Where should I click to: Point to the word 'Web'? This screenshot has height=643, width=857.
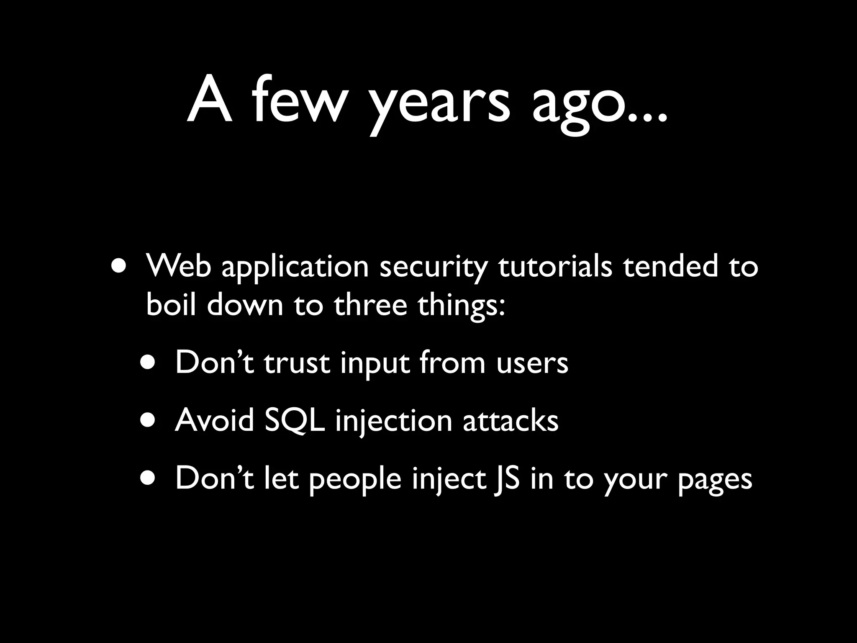point(178,266)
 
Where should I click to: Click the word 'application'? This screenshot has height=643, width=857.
point(295,268)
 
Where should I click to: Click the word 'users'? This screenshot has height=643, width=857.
point(532,363)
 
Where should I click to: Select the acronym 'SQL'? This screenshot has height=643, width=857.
point(295,420)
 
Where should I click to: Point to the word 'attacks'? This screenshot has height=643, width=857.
point(510,420)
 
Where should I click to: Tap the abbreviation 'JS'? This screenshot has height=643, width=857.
point(506,478)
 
